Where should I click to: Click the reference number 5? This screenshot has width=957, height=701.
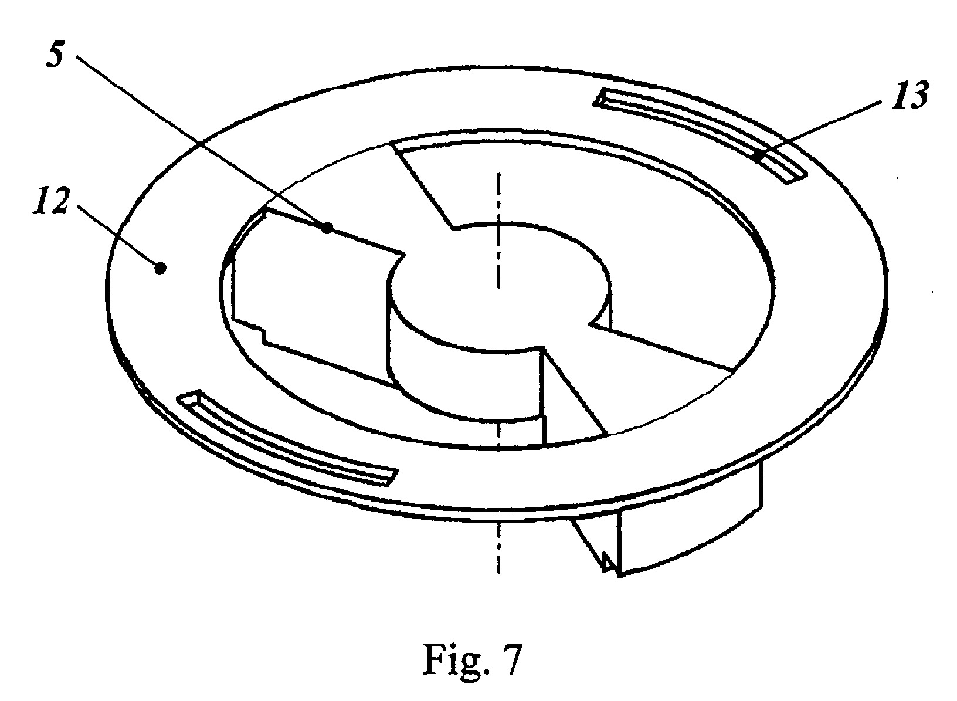coord(56,55)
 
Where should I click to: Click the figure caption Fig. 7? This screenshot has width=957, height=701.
coord(473,659)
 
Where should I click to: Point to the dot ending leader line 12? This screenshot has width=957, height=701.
coord(160,269)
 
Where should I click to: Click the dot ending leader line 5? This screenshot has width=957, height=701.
coord(327,228)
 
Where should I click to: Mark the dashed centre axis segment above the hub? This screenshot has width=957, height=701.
coord(498,230)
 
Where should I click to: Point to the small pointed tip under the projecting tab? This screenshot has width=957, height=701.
coord(607,561)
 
